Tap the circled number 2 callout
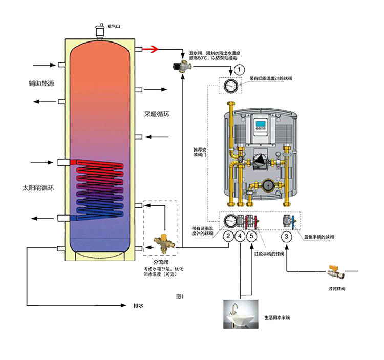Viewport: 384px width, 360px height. (x=228, y=237)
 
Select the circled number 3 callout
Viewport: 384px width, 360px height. (x=288, y=237)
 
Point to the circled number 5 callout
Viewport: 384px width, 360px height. (x=251, y=237)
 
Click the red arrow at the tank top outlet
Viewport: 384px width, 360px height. (x=150, y=49)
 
